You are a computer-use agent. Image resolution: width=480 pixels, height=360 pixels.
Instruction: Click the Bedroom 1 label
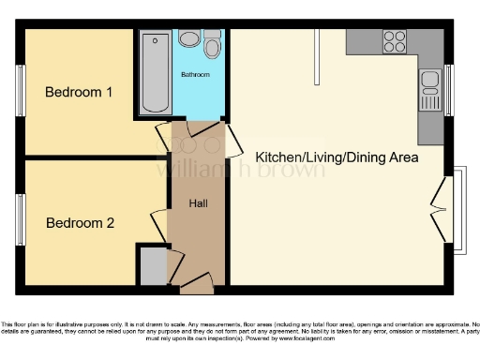[x=79, y=93]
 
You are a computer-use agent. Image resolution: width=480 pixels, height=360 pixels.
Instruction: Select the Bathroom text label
[x=195, y=74]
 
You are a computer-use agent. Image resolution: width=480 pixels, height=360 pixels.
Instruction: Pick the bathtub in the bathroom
[x=153, y=73]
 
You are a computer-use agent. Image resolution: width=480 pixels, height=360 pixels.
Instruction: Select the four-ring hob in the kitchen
[x=395, y=42]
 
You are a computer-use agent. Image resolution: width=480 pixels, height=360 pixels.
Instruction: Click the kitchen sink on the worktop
[x=431, y=89]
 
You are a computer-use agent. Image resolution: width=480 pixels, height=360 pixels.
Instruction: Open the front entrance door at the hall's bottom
[x=197, y=279]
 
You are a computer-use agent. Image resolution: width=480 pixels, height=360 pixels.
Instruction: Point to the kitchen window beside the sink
[x=448, y=89]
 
